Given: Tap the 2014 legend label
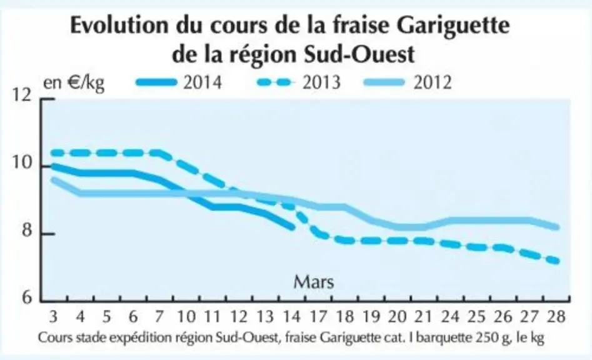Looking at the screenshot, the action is (203, 82).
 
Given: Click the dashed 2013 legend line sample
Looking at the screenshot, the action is (276, 82).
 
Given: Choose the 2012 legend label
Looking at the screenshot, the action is (433, 82).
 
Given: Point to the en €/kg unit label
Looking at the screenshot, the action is (74, 83).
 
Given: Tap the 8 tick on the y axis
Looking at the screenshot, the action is (27, 230).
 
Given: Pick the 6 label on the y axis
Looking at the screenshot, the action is (27, 297).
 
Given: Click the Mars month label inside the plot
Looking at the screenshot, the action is (314, 282).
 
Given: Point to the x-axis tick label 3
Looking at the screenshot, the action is (53, 316).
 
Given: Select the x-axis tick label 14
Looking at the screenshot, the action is (291, 316).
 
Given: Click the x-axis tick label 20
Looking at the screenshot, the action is (397, 316).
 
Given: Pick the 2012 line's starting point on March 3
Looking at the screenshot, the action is (53, 180).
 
